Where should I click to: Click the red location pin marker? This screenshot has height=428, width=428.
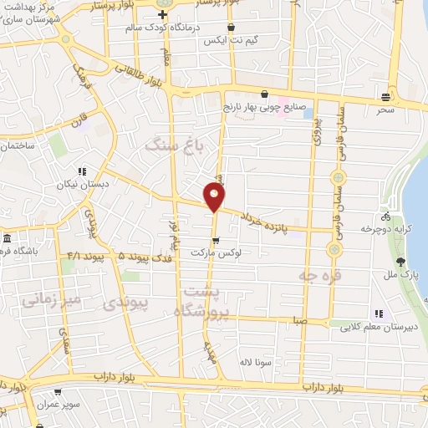[x=214, y=196]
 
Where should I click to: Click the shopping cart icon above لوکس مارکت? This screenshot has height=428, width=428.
[x=216, y=241]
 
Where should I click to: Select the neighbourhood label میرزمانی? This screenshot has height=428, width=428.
[x=51, y=298]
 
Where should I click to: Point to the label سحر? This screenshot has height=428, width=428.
[x=385, y=110]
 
